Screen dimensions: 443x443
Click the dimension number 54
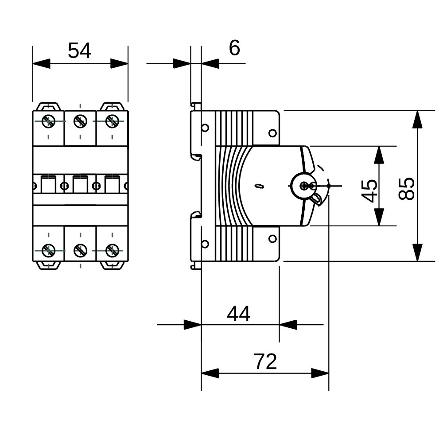coord(80,51)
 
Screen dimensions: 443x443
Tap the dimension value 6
coord(234,48)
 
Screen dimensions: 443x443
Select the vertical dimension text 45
coord(369,190)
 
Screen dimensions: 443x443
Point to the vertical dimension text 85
coord(406,189)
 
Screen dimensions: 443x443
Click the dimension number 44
coord(239,314)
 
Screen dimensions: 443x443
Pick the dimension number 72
coord(265,362)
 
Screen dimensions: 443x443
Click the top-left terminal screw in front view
coord(48,120)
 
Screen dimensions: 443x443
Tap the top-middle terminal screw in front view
coord(80,120)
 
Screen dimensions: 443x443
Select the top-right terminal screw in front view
coord(112,120)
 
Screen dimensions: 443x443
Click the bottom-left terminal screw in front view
coord(48,251)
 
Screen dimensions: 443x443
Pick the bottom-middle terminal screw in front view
coord(80,251)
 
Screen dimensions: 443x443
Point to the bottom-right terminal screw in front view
coord(112,251)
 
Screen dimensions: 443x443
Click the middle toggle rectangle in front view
coord(80,185)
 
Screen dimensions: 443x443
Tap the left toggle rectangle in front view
coord(48,185)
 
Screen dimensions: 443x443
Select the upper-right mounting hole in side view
coord(272,133)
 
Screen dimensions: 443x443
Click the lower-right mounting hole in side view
coord(272,239)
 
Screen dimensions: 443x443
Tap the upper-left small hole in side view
coord(205,128)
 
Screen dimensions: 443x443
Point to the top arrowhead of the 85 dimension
coord(417,119)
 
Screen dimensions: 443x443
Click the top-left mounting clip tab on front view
coord(48,106)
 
